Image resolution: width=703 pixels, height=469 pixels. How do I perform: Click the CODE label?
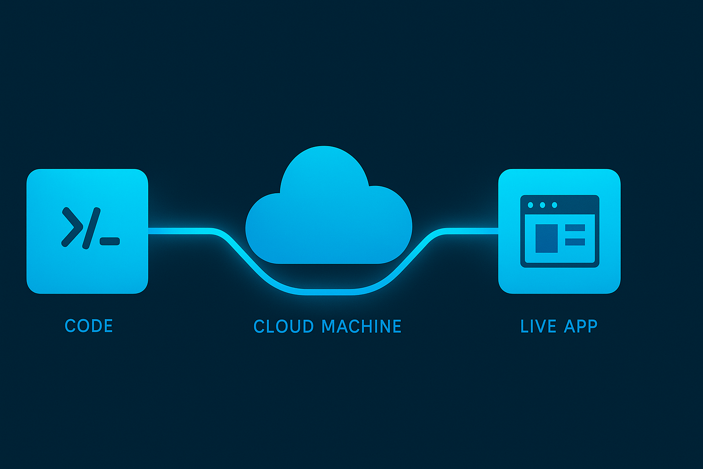click(x=89, y=326)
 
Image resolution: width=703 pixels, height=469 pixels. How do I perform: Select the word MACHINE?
click(x=361, y=327)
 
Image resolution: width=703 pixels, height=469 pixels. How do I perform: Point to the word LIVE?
click(x=538, y=326)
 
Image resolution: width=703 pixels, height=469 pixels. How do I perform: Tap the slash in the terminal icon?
click(x=91, y=228)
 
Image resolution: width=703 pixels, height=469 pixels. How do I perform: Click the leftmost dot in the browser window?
click(x=530, y=205)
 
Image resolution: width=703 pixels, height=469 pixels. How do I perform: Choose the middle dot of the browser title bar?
click(x=542, y=205)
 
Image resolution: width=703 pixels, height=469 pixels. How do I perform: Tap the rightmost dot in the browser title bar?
click(x=554, y=205)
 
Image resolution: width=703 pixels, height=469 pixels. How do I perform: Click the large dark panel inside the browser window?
click(x=546, y=238)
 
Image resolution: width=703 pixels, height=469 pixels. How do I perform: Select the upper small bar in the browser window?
click(x=575, y=228)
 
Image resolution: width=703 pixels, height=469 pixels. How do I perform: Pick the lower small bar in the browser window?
click(x=575, y=241)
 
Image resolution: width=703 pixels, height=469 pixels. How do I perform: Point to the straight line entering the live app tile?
click(x=471, y=230)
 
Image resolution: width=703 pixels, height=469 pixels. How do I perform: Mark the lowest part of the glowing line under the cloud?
click(x=329, y=292)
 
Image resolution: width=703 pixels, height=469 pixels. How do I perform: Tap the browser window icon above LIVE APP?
click(x=560, y=231)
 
